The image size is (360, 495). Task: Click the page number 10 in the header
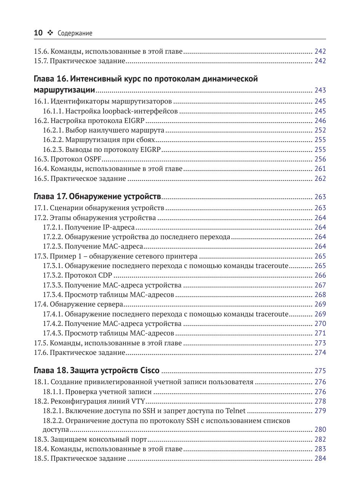38,33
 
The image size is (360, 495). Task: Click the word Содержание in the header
75,34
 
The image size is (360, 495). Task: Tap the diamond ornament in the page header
50,33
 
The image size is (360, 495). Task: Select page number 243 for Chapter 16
320,90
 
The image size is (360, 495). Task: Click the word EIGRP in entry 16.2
134,121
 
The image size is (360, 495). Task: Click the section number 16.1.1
53,111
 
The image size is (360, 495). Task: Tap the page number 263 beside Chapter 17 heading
320,197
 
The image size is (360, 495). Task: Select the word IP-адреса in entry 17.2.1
118,227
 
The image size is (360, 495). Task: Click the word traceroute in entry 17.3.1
272,266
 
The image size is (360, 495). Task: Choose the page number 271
320,333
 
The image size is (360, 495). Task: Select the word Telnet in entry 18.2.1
235,411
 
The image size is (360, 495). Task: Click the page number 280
320,430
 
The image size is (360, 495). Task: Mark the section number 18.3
41,439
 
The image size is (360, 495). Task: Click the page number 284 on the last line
320,458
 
